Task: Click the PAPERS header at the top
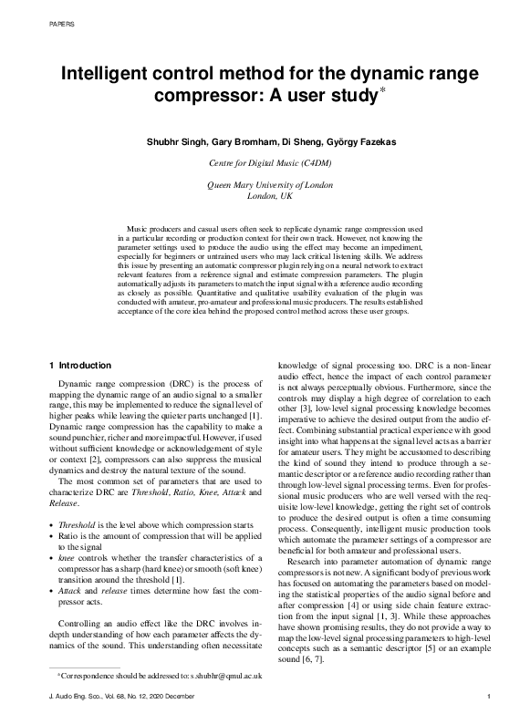[x=59, y=25]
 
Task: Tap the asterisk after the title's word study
[x=381, y=89]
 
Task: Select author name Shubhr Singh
[x=176, y=142]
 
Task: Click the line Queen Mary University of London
[x=265, y=185]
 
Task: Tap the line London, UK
[x=265, y=196]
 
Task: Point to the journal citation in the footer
[x=128, y=698]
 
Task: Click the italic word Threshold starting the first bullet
[x=77, y=525]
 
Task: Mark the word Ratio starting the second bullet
[x=69, y=535]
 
